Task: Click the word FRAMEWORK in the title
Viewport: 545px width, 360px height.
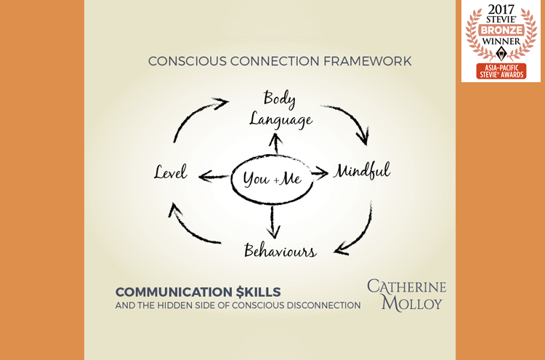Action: [x=367, y=61]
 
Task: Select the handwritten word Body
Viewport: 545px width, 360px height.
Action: [x=280, y=98]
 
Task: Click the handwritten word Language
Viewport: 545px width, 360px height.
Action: [x=280, y=120]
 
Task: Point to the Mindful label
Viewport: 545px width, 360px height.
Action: [x=362, y=171]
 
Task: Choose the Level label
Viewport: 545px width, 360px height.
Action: [x=171, y=172]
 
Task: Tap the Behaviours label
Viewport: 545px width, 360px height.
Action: [x=280, y=250]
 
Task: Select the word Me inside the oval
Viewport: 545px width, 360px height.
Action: [x=291, y=178]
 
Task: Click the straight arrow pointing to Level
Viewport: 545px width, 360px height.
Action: [x=214, y=177]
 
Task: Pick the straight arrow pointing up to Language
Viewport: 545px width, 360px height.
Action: [x=276, y=144]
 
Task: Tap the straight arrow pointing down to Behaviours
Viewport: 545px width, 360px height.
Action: [x=273, y=223]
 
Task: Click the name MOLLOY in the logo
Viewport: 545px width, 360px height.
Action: [x=411, y=303]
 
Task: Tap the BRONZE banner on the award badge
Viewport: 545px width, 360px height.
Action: [x=501, y=30]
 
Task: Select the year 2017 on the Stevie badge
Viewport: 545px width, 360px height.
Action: [x=501, y=9]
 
